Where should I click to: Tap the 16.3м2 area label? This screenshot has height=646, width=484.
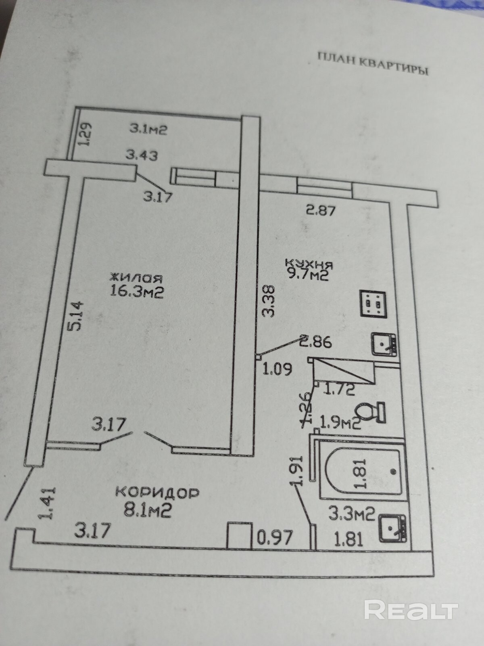(x=137, y=291)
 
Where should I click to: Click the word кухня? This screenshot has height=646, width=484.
(x=309, y=264)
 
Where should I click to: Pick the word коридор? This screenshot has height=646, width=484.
(x=157, y=493)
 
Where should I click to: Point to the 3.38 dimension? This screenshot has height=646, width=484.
(x=268, y=301)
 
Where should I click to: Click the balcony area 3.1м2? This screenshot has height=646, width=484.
(x=148, y=129)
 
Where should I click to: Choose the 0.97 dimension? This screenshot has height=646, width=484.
(x=274, y=538)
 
